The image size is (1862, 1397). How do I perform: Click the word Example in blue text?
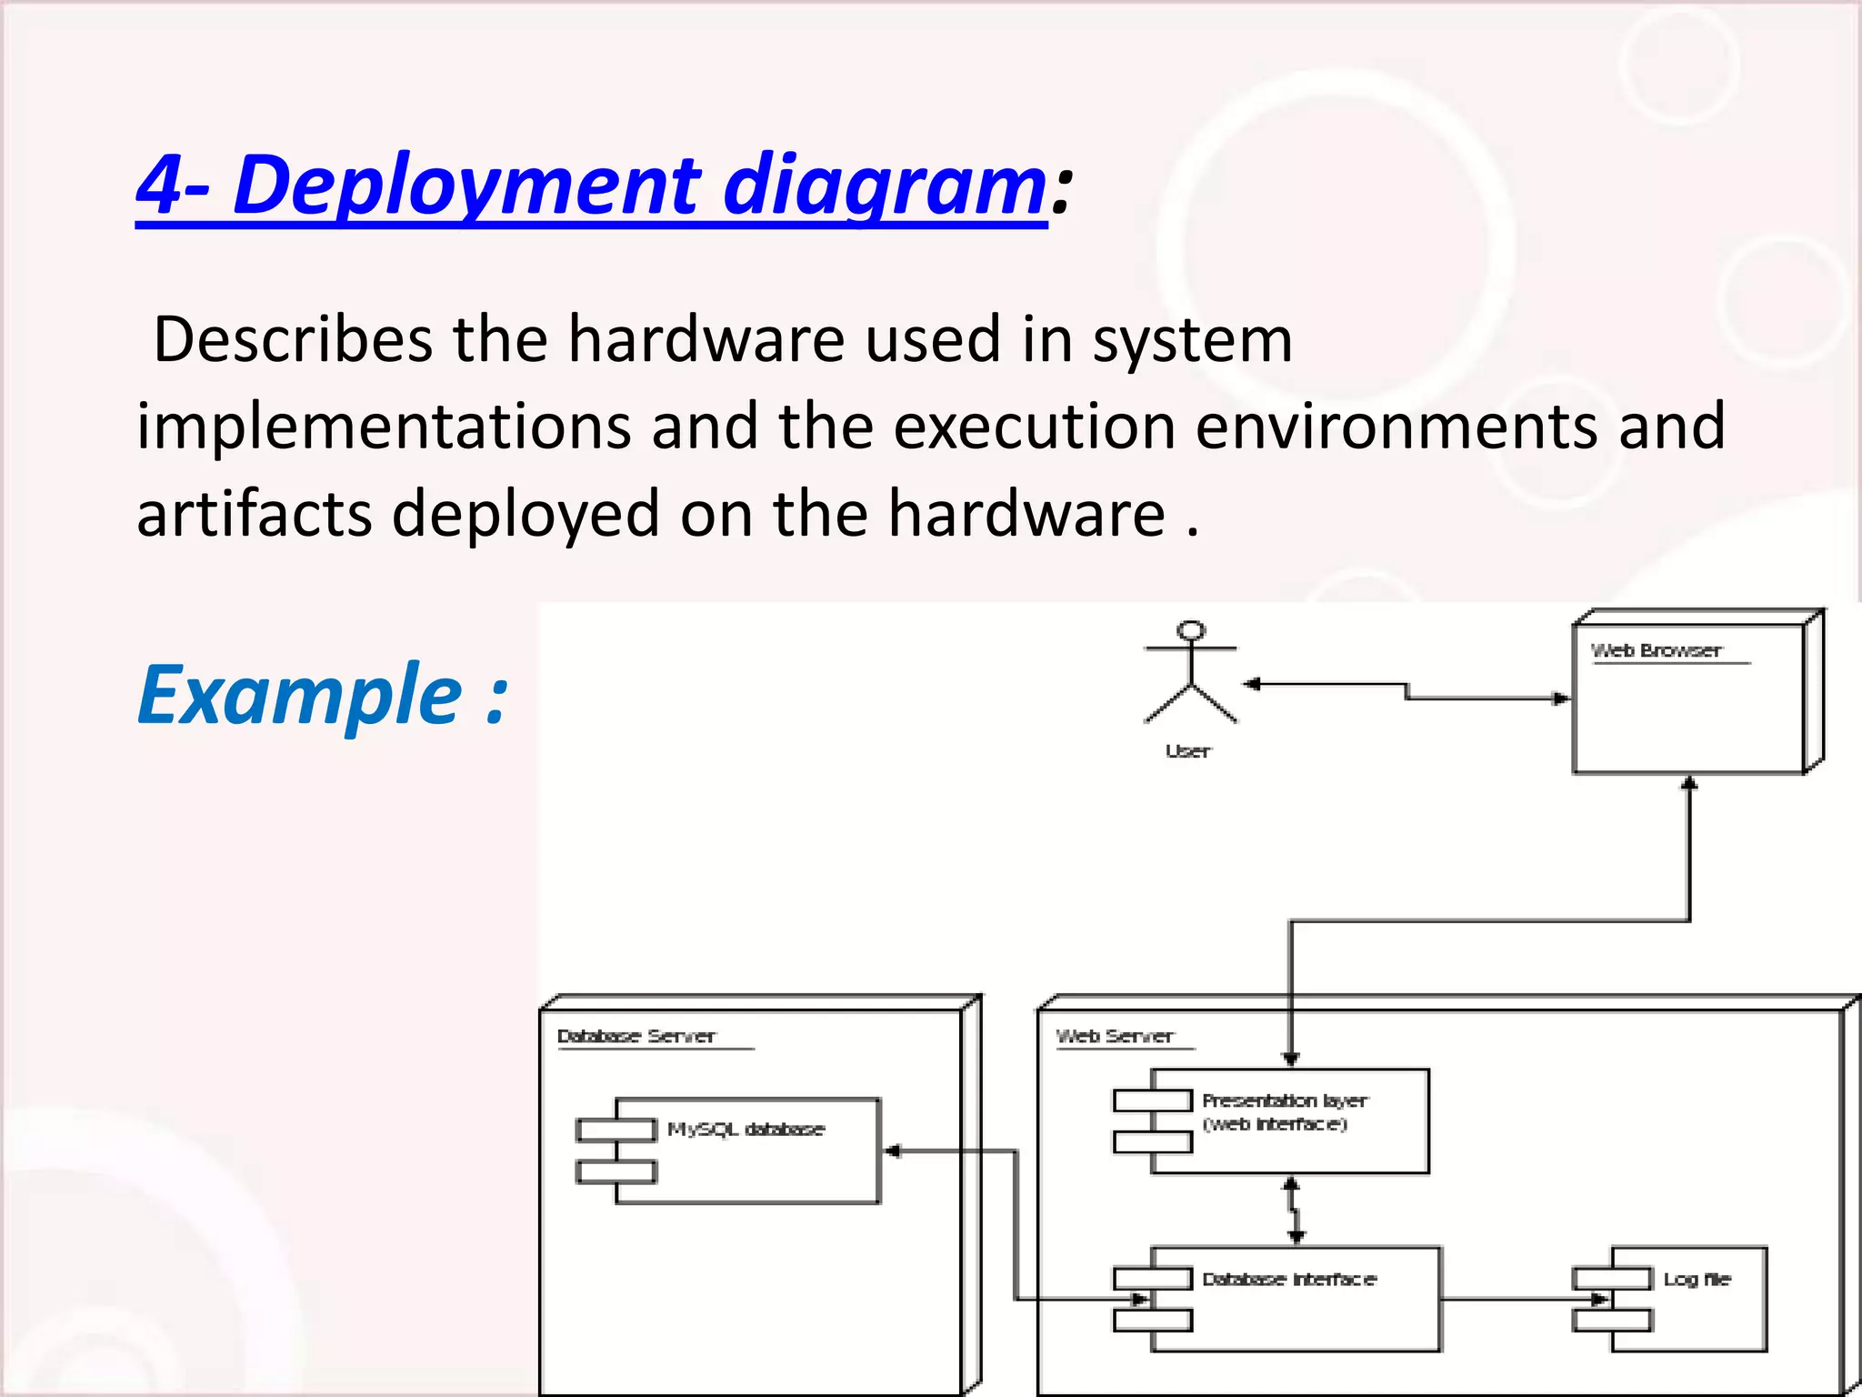point(300,696)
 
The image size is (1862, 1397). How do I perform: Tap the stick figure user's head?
point(1191,630)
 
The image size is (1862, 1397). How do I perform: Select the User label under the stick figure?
point(1188,751)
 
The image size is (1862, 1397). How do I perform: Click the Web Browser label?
point(1656,650)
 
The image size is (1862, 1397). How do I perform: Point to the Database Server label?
point(636,1036)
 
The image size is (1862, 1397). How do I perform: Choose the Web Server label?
point(1115,1036)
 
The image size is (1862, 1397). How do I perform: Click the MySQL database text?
point(746,1129)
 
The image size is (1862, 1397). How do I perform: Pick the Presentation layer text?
point(1285,1101)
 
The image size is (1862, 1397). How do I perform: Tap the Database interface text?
point(1289,1279)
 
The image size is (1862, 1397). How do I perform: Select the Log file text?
point(1697,1279)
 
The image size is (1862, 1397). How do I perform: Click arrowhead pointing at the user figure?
point(1252,684)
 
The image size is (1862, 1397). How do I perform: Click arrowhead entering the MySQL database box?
point(893,1151)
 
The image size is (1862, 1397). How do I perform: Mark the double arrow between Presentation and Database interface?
point(1294,1211)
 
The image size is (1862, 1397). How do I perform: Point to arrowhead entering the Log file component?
point(1599,1300)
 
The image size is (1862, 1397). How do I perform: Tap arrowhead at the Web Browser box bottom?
point(1689,783)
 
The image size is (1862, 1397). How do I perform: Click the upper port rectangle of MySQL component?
point(616,1130)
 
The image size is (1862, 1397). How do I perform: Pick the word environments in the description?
point(1396,427)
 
